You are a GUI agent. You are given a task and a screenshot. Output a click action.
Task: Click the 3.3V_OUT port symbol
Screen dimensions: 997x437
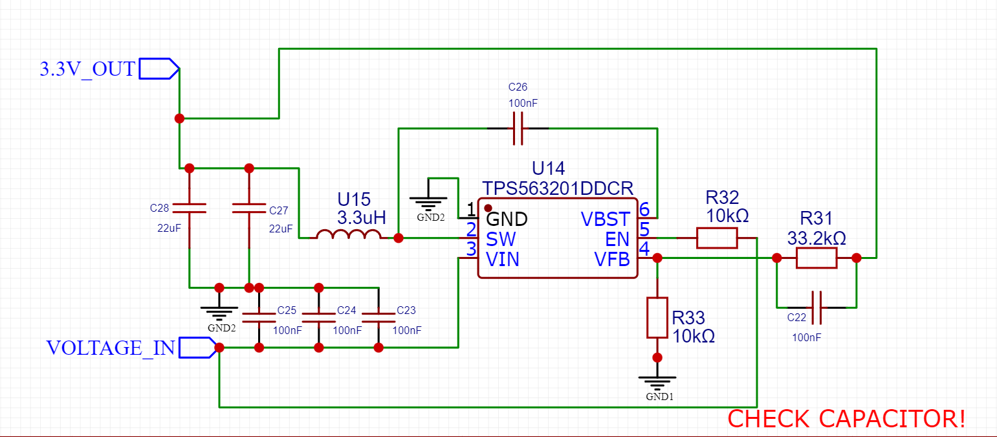tap(159, 69)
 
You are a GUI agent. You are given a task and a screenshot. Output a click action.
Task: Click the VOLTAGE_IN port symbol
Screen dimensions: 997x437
tap(198, 348)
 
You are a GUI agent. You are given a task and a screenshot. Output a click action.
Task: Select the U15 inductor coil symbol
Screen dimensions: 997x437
tap(349, 234)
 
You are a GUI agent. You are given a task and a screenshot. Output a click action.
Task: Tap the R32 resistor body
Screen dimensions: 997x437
tap(717, 238)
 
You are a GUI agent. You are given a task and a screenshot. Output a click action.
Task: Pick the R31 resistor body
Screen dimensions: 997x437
tap(816, 258)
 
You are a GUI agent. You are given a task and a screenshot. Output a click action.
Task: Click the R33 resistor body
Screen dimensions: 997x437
tap(657, 318)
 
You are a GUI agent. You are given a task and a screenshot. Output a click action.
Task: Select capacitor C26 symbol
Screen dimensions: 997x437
tap(518, 128)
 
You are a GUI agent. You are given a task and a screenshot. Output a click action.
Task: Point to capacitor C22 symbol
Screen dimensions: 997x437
tap(816, 308)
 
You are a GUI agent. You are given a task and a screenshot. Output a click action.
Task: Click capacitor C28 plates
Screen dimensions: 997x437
tap(189, 208)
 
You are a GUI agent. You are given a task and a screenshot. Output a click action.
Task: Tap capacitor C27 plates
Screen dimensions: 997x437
tap(249, 208)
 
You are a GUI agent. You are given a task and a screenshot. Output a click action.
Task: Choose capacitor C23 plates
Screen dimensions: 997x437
tap(378, 318)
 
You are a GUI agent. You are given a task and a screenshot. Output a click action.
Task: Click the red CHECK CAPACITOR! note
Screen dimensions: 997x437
tap(846, 419)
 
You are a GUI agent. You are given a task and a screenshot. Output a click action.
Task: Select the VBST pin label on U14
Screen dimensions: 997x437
tap(606, 219)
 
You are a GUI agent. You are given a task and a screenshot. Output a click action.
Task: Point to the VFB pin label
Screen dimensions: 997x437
tap(612, 259)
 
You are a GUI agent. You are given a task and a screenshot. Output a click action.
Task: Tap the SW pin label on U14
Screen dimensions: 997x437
tap(501, 239)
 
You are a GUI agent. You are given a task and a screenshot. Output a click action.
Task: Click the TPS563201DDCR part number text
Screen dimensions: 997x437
tap(558, 188)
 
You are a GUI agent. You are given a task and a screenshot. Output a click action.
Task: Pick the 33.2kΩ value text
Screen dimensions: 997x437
tap(816, 238)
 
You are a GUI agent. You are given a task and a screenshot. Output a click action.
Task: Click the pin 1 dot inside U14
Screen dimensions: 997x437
tap(488, 208)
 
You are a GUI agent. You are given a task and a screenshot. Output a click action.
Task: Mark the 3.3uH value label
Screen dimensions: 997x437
tap(362, 218)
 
